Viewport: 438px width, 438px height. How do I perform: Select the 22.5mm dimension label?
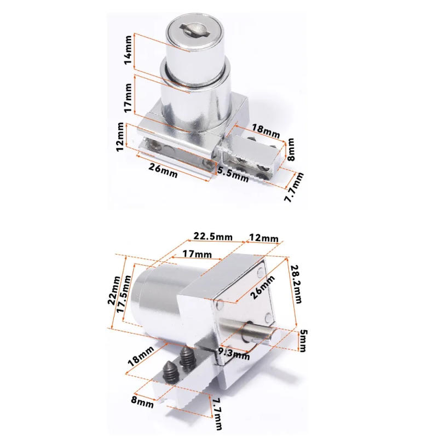pyautogui.click(x=212, y=236)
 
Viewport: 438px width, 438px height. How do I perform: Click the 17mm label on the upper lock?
pyautogui.click(x=128, y=97)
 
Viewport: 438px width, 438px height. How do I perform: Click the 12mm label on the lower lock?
pyautogui.click(x=263, y=239)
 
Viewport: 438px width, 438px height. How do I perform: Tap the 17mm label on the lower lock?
pyautogui.click(x=197, y=255)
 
